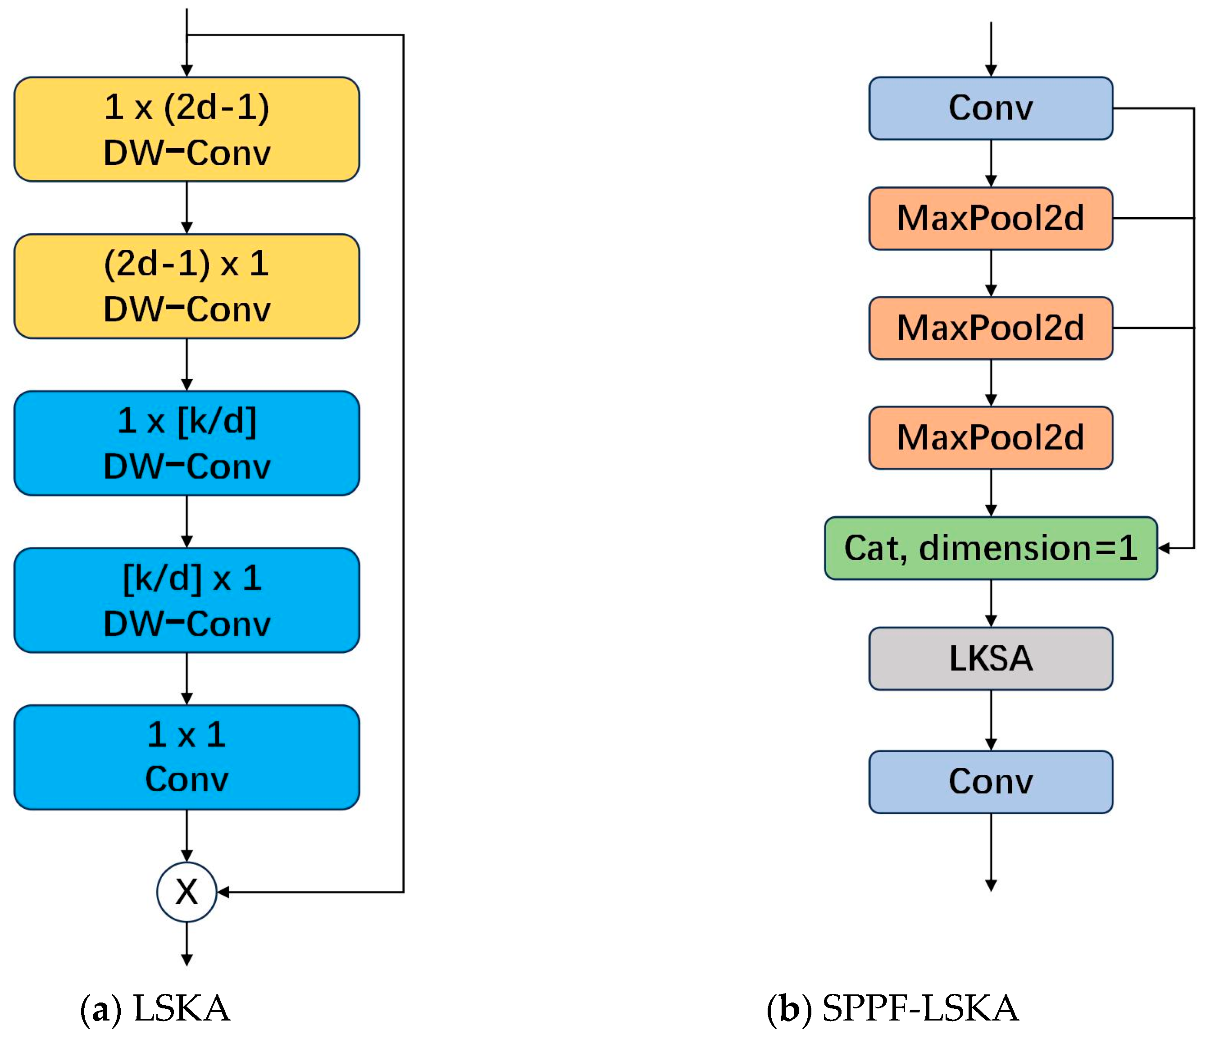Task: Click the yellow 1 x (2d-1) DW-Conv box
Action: pyautogui.click(x=186, y=129)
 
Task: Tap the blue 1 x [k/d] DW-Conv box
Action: pyautogui.click(x=186, y=443)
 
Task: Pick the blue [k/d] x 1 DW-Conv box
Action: pyautogui.click(x=186, y=600)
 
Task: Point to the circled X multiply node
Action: pyautogui.click(x=186, y=891)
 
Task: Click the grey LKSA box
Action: pyautogui.click(x=990, y=658)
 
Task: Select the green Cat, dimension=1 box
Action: pyautogui.click(x=990, y=548)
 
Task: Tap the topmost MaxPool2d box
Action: pyautogui.click(x=990, y=218)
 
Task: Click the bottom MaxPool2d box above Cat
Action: pyautogui.click(x=990, y=437)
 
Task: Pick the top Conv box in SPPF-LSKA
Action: pyautogui.click(x=990, y=108)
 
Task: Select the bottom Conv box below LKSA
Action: pyautogui.click(x=990, y=781)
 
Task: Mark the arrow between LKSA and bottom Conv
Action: pyautogui.click(x=991, y=720)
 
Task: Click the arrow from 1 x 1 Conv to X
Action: pyautogui.click(x=186, y=836)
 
